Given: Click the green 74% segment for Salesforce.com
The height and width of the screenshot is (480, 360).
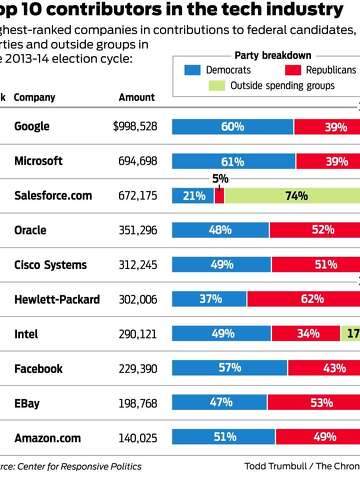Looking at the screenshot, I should (x=292, y=197).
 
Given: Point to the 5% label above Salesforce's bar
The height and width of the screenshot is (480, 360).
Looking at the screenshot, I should (x=220, y=179).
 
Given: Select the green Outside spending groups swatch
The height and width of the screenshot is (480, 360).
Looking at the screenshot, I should (x=216, y=86).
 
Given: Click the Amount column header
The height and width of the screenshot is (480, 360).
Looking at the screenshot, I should (x=137, y=97).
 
